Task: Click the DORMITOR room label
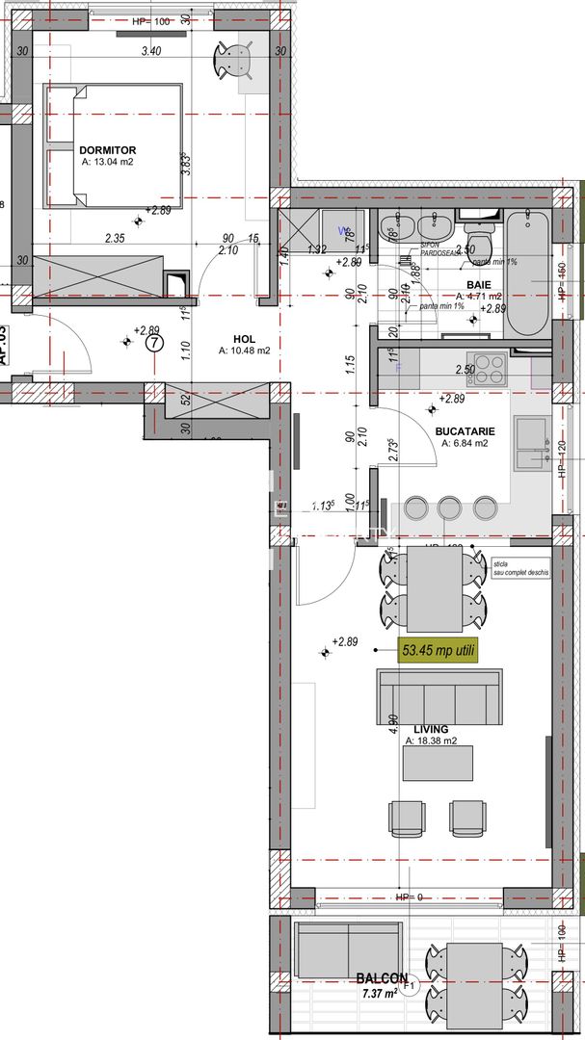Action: point(107,150)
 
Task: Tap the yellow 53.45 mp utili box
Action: point(436,650)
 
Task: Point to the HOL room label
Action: point(244,338)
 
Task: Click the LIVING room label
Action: point(431,730)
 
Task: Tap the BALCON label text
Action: point(381,976)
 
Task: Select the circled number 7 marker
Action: point(152,342)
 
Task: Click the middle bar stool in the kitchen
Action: point(449,507)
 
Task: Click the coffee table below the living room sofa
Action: point(439,764)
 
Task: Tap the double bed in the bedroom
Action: point(114,145)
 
